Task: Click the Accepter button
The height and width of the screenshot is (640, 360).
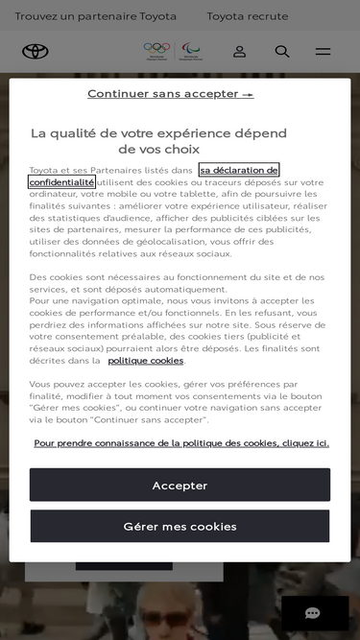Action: click(180, 485)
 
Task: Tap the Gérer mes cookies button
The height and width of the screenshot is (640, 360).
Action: click(180, 526)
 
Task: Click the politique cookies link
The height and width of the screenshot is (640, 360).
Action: click(145, 360)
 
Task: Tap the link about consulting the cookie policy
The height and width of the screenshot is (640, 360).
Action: click(181, 442)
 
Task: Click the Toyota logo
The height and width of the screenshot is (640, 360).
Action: click(36, 51)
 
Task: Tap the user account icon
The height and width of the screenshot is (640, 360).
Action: click(239, 51)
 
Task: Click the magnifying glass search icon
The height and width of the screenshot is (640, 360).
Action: click(282, 51)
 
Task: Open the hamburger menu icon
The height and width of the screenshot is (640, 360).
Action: click(324, 51)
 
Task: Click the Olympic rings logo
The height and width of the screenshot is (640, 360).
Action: click(155, 49)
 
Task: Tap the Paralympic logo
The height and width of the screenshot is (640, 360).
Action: click(191, 49)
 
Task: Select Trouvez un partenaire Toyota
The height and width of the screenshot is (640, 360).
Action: click(96, 16)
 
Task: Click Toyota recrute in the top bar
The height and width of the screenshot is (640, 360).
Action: click(247, 16)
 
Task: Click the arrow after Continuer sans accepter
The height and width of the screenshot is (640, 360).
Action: click(248, 94)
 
